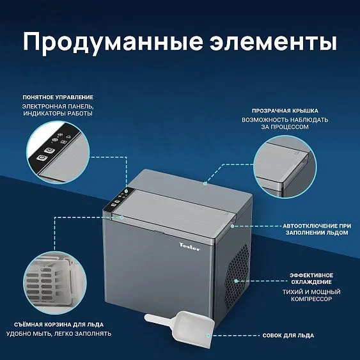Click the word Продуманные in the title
tap(113, 43)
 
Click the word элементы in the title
tap(273, 42)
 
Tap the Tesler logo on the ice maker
tap(190, 247)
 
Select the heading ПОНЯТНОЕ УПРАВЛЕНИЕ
tap(58, 97)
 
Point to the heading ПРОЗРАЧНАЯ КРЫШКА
tap(285, 111)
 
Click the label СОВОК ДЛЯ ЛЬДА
tap(288, 336)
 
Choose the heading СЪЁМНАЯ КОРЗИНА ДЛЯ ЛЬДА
tap(59, 325)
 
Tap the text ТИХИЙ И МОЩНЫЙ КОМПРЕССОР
tap(311, 295)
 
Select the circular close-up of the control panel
tap(58, 152)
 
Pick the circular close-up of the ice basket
tap(55, 283)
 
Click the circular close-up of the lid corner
tap(285, 167)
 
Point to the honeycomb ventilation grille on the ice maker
tap(237, 276)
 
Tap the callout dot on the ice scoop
tap(208, 336)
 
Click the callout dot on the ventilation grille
tap(236, 281)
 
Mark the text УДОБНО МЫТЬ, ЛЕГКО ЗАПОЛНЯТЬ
tap(59, 334)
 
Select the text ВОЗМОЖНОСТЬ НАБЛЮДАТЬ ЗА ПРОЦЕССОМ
tap(285, 123)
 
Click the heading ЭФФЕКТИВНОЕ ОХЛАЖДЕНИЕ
tap(311, 279)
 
